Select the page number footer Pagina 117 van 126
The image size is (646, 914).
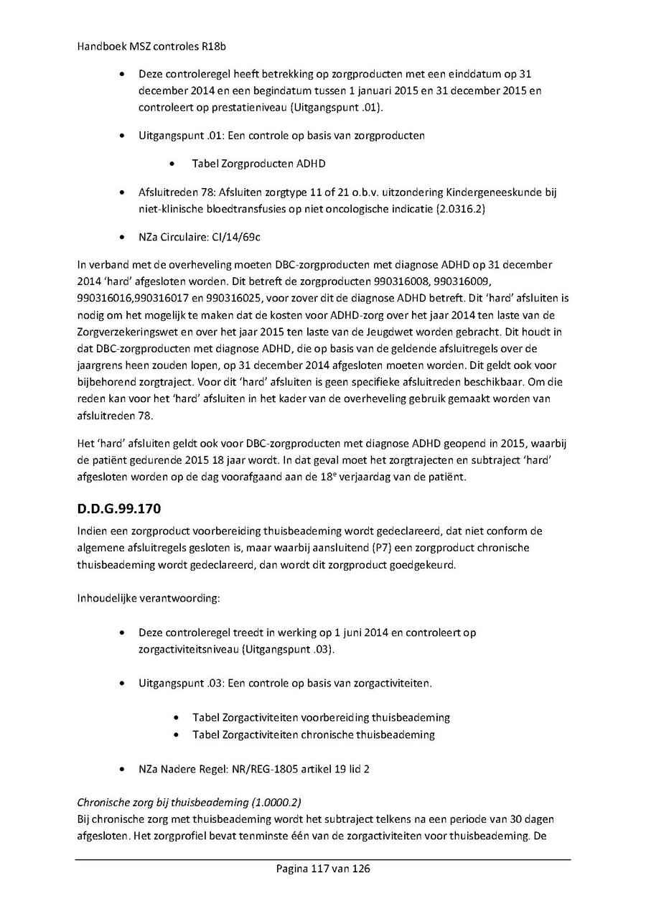click(x=323, y=869)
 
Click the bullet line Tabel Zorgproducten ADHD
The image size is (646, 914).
click(x=258, y=164)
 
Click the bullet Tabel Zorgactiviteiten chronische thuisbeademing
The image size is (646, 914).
click(x=313, y=735)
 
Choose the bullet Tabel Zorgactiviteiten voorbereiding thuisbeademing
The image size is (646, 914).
click(x=321, y=717)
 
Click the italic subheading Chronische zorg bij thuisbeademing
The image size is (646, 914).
click(x=167, y=803)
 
